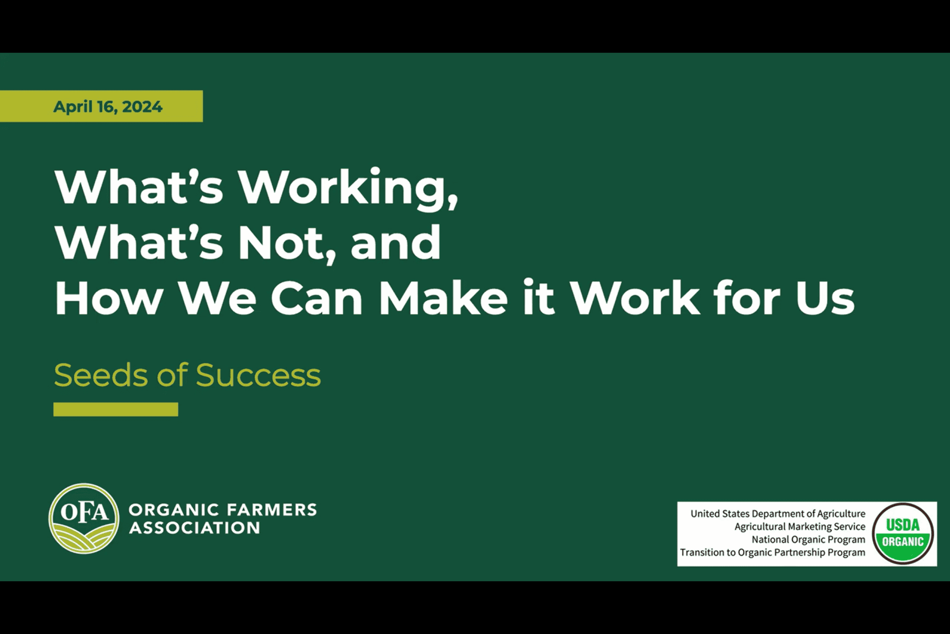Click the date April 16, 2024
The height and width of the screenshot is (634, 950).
(x=108, y=107)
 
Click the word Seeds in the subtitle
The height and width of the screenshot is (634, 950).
(x=101, y=375)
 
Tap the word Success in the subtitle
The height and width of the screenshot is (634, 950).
(x=258, y=375)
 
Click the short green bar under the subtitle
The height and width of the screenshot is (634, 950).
(x=116, y=409)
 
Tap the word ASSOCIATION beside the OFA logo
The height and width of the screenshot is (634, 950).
(x=194, y=528)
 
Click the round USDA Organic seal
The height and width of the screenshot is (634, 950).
(x=903, y=534)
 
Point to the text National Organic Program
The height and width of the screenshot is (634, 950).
(x=809, y=539)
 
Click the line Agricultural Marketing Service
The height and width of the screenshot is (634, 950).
(x=800, y=526)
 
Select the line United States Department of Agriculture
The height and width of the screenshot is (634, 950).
(x=778, y=513)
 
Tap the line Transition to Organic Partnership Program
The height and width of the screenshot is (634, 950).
(x=773, y=552)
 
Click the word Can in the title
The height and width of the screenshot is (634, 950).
(x=317, y=298)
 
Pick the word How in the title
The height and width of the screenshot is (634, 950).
(x=109, y=298)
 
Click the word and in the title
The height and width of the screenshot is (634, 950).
(x=396, y=243)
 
